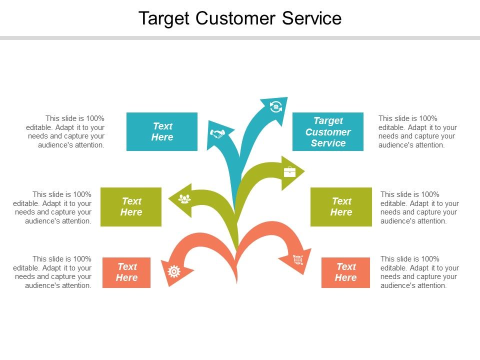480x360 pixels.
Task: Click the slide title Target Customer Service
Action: (x=240, y=18)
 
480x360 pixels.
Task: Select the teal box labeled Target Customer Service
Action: (x=328, y=132)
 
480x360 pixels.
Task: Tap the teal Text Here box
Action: (x=162, y=131)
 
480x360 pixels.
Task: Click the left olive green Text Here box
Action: (x=131, y=206)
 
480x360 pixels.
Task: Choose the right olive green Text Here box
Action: (x=341, y=206)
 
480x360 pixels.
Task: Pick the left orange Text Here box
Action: (x=126, y=272)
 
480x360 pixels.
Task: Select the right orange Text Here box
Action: (x=345, y=272)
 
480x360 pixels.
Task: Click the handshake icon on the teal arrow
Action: (x=217, y=133)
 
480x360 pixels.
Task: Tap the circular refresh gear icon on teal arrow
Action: (x=275, y=106)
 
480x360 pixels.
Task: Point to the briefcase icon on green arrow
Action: (x=290, y=172)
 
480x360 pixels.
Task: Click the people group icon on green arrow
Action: (x=185, y=199)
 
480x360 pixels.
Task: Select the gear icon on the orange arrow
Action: (x=174, y=271)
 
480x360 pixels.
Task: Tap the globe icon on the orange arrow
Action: (x=298, y=259)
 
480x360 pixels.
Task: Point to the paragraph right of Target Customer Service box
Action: (x=417, y=132)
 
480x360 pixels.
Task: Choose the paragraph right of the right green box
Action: (x=419, y=207)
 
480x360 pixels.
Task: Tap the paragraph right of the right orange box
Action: (x=419, y=272)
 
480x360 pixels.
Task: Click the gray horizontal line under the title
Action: (x=240, y=38)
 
